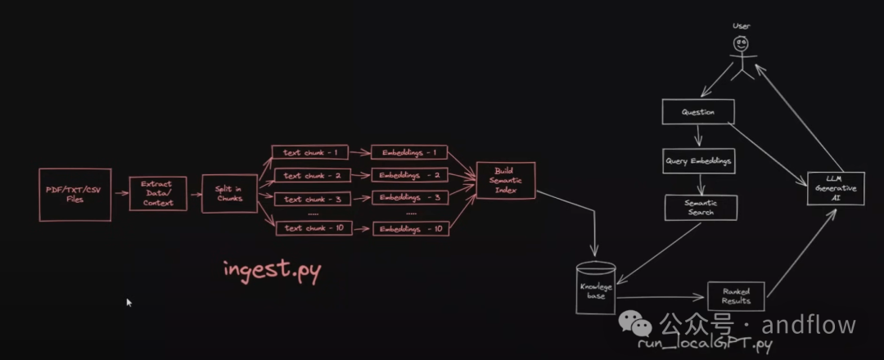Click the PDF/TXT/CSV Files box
[x=74, y=195]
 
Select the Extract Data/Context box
[x=158, y=193]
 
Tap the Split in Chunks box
[x=229, y=193]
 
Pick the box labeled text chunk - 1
[x=305, y=152]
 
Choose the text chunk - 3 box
[x=305, y=199]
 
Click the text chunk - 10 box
[x=305, y=228]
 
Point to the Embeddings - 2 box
[x=411, y=175]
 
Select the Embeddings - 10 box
[x=411, y=229]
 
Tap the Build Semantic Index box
[x=506, y=180]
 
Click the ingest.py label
[x=272, y=271]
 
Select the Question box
[x=697, y=112]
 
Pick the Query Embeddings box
[x=697, y=161]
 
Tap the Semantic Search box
[x=700, y=207]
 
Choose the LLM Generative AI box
[x=835, y=189]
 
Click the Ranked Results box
[x=735, y=295]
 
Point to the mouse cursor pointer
[x=129, y=302]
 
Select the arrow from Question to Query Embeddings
[x=697, y=136]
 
